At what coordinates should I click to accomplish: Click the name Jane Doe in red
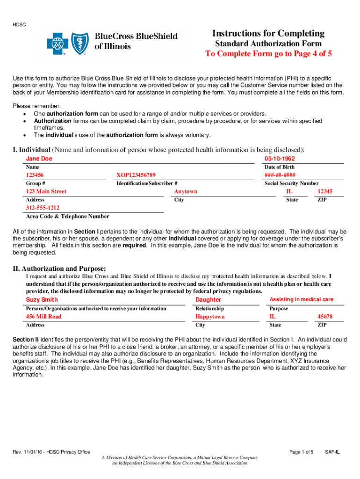pos(39,159)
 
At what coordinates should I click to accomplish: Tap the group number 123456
pos(36,175)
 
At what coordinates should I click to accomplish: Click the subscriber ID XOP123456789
pos(136,175)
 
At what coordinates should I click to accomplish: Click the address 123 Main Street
pos(46,191)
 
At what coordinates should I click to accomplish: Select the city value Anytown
pos(186,191)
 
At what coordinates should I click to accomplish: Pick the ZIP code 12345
pos(325,191)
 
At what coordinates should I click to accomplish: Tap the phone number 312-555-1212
pos(43,208)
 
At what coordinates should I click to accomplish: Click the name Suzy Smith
pos(42,299)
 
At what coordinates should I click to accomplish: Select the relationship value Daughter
pos(208,299)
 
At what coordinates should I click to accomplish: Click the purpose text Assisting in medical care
pos(301,299)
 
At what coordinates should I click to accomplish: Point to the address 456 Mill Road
pos(43,317)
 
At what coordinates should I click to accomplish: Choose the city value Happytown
pos(210,317)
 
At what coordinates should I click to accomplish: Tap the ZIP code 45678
pos(325,317)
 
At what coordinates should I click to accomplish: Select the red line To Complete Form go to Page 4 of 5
pos(268,53)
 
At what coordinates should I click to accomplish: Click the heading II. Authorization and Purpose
pos(59,269)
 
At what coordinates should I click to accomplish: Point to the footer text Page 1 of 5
pos(301,452)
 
